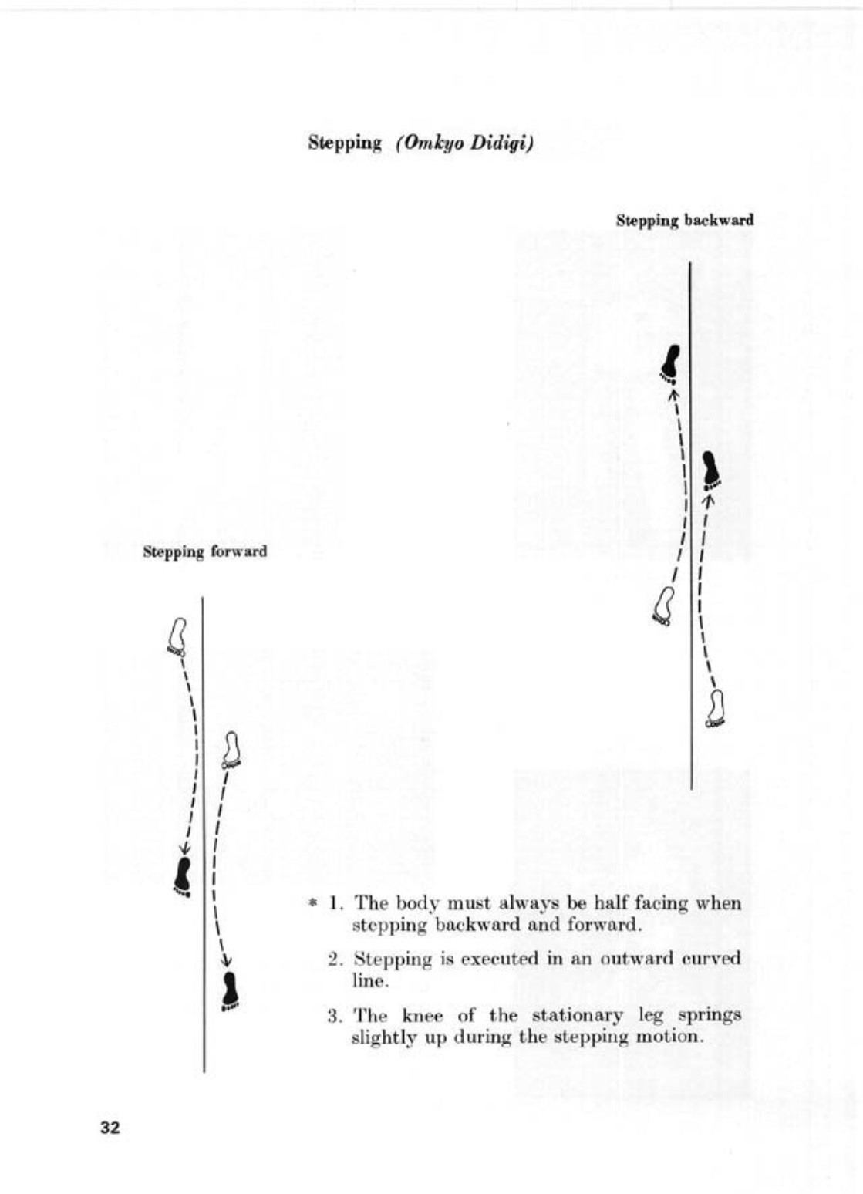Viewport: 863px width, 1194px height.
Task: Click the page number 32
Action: [110, 1128]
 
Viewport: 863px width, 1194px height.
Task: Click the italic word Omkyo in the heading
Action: [430, 144]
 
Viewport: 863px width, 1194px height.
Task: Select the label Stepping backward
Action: [684, 220]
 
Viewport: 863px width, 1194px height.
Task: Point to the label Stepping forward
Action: [204, 551]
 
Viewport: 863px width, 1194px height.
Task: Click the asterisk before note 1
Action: [312, 902]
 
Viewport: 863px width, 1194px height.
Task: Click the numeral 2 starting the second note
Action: [334, 960]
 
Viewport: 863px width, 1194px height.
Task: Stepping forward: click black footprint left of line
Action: [183, 875]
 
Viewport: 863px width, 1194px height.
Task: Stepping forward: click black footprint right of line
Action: [230, 991]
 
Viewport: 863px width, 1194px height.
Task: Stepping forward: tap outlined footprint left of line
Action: [178, 636]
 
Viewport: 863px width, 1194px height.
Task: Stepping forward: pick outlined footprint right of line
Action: [231, 750]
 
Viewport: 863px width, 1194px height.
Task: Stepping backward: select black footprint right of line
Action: [711, 470]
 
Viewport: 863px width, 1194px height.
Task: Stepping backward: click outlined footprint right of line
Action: [716, 708]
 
